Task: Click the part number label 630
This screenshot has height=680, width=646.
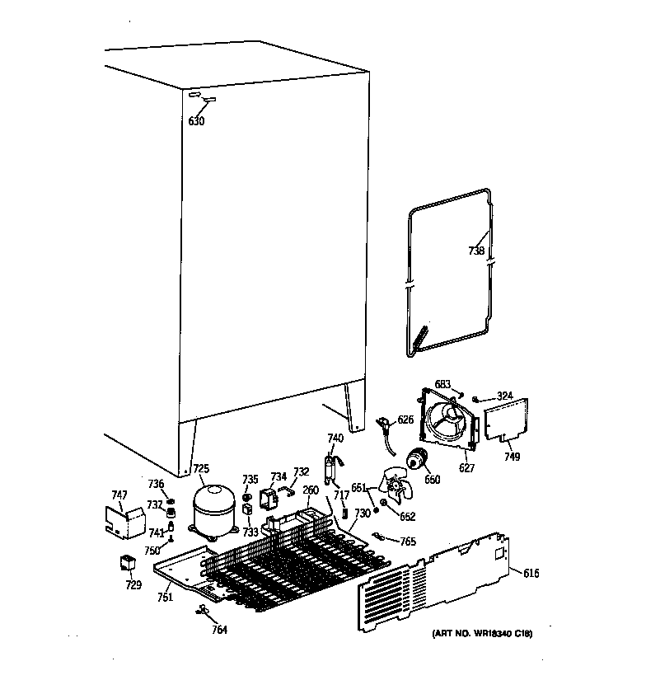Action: [x=196, y=122]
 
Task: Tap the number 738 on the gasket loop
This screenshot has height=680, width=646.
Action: [x=476, y=251]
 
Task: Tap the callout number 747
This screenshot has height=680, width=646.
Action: [x=119, y=495]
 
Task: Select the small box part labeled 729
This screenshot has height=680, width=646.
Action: [x=128, y=565]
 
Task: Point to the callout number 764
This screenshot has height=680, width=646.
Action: [x=219, y=630]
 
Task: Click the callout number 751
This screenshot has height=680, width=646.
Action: [x=165, y=597]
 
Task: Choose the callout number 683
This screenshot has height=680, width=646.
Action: [x=442, y=384]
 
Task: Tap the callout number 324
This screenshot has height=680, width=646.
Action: [x=504, y=396]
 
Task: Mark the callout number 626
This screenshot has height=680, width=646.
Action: [x=405, y=420]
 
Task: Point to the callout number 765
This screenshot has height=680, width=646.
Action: [x=407, y=542]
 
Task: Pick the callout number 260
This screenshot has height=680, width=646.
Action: [x=310, y=490]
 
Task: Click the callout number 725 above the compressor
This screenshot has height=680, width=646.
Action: [x=201, y=469]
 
